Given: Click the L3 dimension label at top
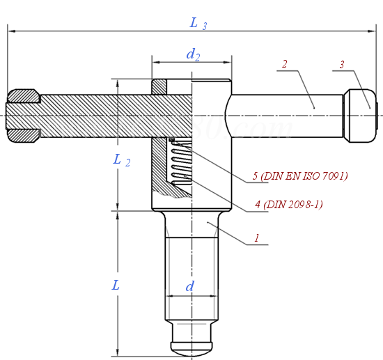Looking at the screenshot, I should pyautogui.click(x=198, y=24).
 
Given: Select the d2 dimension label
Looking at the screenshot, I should pyautogui.click(x=193, y=54).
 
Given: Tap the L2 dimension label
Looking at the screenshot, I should pyautogui.click(x=122, y=160).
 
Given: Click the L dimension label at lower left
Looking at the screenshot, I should pyautogui.click(x=116, y=285).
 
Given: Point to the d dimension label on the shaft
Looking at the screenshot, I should pyautogui.click(x=189, y=287).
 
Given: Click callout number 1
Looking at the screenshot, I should pyautogui.click(x=257, y=237).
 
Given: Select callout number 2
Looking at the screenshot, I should pyautogui.click(x=284, y=65).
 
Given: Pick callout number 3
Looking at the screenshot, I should pyautogui.click(x=342, y=65).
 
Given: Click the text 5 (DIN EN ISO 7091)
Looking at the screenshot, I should pyautogui.click(x=300, y=176).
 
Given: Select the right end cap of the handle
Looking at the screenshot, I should pyautogui.click(x=361, y=113).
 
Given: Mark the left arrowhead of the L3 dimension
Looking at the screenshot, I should pyautogui.click(x=10, y=31).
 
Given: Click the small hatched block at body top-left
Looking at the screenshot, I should pyautogui.click(x=159, y=87).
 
